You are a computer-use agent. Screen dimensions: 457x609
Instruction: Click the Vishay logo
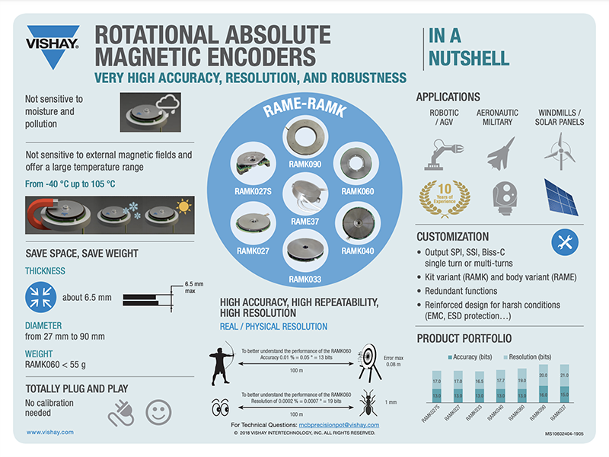click(x=53, y=47)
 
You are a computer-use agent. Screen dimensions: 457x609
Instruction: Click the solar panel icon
click(x=560, y=195)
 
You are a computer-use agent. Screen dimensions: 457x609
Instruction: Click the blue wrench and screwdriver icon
click(x=563, y=242)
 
